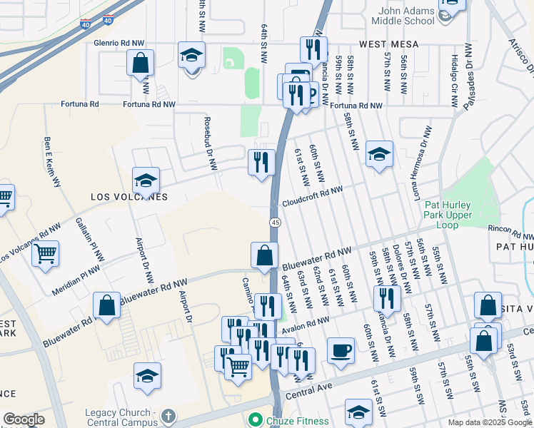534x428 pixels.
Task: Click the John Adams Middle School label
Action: point(405,16)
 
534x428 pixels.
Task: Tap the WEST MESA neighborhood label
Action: point(388,44)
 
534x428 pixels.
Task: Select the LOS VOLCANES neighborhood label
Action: point(129,197)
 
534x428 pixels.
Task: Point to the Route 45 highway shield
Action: point(274,223)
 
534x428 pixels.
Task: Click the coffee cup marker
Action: point(341,352)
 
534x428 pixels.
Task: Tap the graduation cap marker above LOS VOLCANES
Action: point(146,180)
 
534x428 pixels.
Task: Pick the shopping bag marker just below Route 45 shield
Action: point(264,255)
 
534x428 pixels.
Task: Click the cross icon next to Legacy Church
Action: point(168,414)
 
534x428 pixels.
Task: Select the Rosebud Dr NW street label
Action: point(211,143)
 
